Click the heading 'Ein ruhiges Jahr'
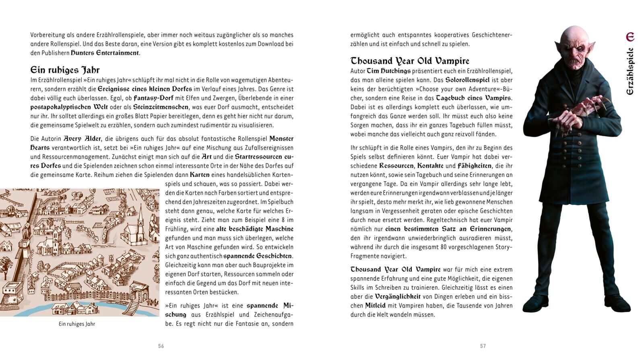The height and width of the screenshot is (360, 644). (x=65, y=70)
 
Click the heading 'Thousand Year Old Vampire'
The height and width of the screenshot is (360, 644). (x=410, y=61)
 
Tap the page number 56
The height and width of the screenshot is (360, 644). (x=161, y=346)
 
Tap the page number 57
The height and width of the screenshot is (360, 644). (x=483, y=346)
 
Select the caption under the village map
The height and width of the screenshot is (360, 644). (x=77, y=324)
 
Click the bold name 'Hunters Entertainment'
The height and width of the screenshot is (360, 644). (x=105, y=53)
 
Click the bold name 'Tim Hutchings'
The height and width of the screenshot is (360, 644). (x=389, y=71)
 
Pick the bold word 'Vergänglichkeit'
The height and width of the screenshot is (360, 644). (x=398, y=296)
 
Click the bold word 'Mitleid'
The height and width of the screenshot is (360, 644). (x=375, y=306)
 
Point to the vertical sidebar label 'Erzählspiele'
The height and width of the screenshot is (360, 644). (x=630, y=71)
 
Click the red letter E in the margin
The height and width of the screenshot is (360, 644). (x=630, y=37)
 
